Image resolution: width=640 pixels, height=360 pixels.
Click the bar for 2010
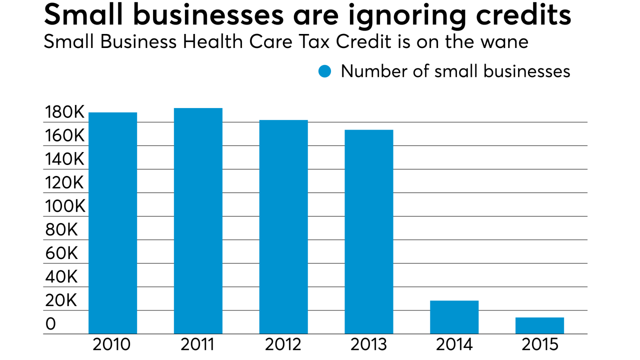click(112, 223)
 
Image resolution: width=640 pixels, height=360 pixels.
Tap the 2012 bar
click(283, 227)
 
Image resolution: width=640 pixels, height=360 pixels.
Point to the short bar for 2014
click(454, 317)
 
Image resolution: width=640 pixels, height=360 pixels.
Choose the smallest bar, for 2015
click(539, 325)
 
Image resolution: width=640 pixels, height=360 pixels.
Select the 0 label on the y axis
click(50, 324)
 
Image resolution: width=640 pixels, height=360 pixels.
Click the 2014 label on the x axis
click(454, 345)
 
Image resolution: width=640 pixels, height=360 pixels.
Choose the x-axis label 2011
click(198, 345)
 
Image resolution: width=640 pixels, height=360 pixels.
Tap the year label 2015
click(539, 345)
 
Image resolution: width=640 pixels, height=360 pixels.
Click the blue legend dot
click(325, 71)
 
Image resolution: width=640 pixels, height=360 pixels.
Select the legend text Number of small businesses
click(455, 71)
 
